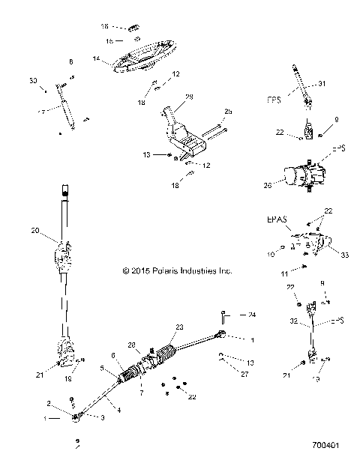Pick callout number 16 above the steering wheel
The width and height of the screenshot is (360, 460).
click(x=106, y=26)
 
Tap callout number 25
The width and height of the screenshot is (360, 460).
click(x=228, y=112)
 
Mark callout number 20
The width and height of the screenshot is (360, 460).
click(x=34, y=231)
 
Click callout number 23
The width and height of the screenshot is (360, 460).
click(x=179, y=327)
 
